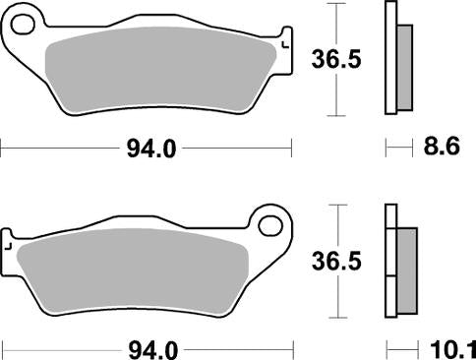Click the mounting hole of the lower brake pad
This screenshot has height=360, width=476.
pos(268,227)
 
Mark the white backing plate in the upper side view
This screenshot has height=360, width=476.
pos(390,59)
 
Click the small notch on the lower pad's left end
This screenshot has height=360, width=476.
pos(10,248)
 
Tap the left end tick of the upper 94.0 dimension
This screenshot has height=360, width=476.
pos(3,150)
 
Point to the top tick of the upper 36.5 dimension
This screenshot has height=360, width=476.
pos(338,4)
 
